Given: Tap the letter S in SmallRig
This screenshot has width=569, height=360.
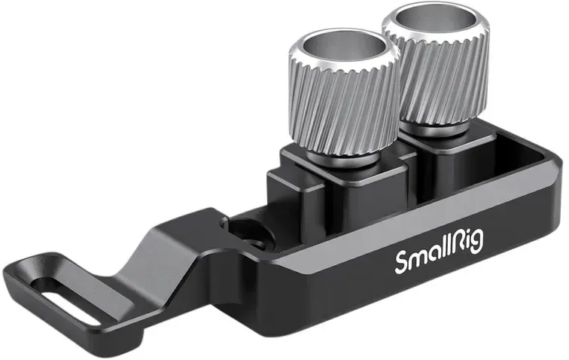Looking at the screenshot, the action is [403, 263].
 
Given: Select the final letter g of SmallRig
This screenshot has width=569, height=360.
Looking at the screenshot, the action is [478, 243].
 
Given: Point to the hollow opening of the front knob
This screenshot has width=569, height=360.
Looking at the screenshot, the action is [341, 48].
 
